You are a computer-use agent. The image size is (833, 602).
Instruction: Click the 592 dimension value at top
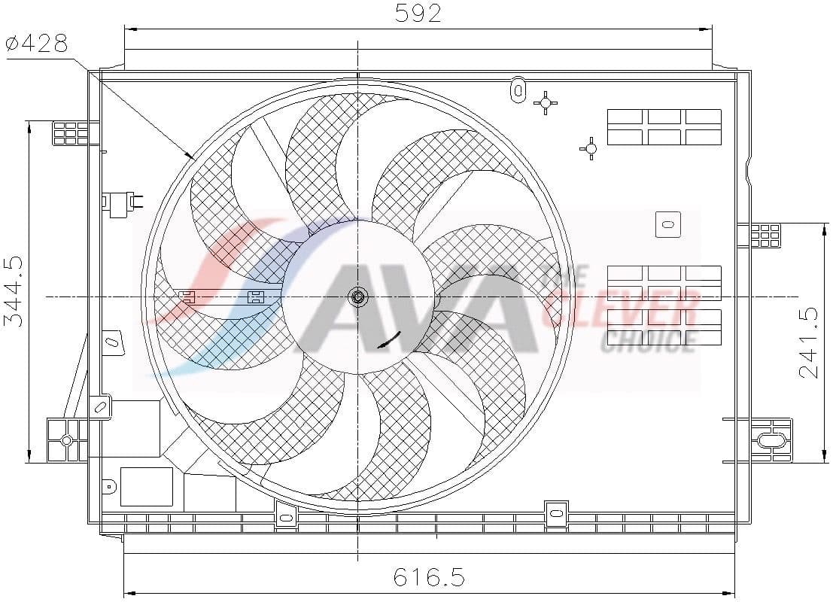418,13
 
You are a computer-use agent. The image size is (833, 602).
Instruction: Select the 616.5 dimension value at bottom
429,577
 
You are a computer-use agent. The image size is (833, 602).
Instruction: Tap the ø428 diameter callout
38,44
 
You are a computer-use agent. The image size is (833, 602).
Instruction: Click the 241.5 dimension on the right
808,343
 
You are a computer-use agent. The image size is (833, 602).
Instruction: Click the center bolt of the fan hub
358,297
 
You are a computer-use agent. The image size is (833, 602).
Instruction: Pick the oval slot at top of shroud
517,88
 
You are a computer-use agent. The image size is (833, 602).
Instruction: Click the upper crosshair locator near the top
545,102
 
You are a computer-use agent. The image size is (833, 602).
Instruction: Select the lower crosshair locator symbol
590,149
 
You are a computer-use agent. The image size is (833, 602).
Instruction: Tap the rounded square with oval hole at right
667,223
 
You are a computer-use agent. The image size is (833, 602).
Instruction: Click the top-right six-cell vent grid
664,126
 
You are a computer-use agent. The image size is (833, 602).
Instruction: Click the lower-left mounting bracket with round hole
66,440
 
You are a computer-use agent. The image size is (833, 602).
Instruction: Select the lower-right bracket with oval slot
771,440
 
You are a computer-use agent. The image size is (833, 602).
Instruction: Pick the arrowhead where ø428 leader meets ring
190,157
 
